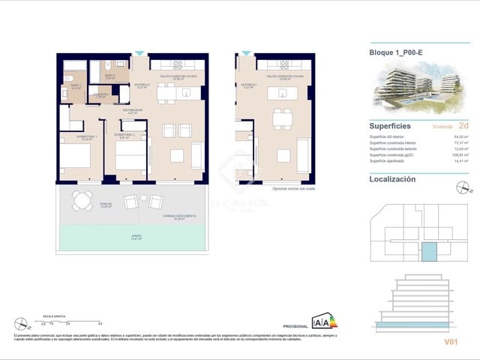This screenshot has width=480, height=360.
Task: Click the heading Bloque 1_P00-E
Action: pyautogui.click(x=397, y=53)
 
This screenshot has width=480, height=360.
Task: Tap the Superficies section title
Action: pyautogui.click(x=390, y=126)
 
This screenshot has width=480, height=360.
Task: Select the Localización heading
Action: pyautogui.click(x=392, y=179)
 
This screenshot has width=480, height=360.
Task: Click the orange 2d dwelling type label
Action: pyautogui.click(x=463, y=127)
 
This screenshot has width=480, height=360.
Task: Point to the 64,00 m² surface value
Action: pyautogui.click(x=458, y=137)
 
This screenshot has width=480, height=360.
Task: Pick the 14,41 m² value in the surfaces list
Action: pyautogui.click(x=458, y=161)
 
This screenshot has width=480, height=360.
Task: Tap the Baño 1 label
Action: pyautogui.click(x=74, y=86)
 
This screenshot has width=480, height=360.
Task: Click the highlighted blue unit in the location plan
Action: pyautogui.click(x=428, y=253)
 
